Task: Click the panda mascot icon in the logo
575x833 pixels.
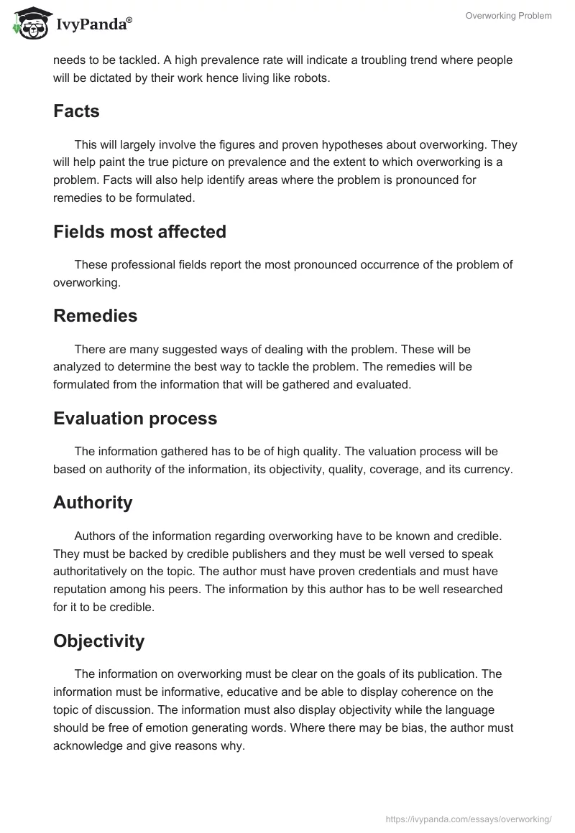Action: click(x=28, y=22)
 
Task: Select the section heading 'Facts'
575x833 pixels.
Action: click(x=76, y=111)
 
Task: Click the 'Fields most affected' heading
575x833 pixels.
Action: click(x=139, y=232)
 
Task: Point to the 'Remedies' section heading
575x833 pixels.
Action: click(x=95, y=315)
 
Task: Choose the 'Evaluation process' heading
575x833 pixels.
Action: click(x=135, y=419)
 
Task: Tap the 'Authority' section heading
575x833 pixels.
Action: click(x=93, y=503)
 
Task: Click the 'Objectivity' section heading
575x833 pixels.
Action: click(x=98, y=641)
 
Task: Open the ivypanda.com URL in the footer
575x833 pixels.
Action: click(x=469, y=819)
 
